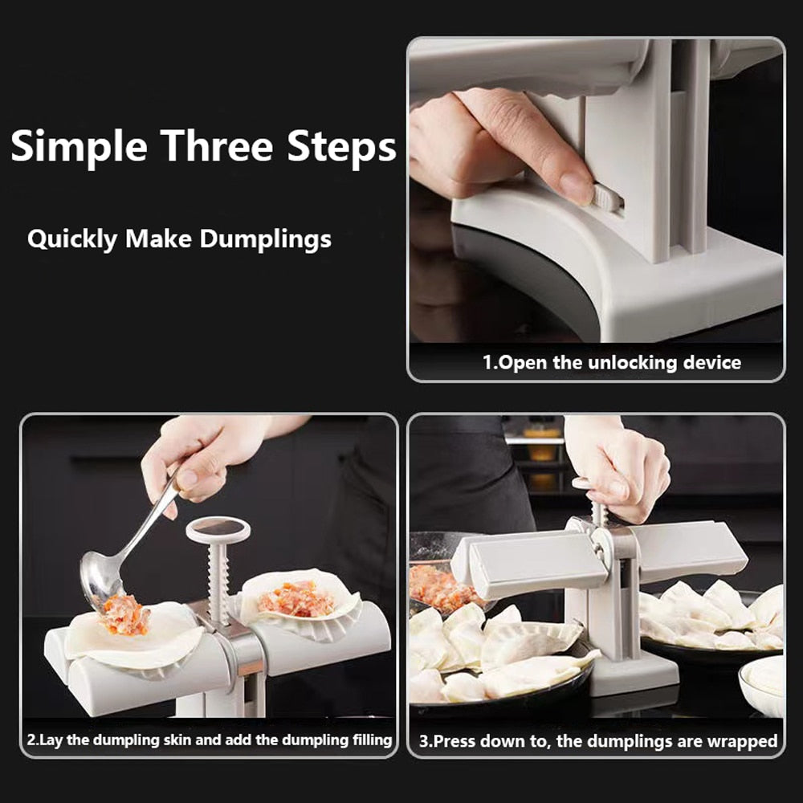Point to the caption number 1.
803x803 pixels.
coord(487,362)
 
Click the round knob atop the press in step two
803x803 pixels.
coord(218,529)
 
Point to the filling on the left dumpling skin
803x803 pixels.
coord(125,616)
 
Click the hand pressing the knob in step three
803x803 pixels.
coord(622,466)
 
